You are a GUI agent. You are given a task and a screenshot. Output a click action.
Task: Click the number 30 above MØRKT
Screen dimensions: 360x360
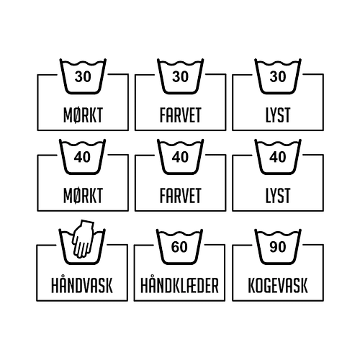[x=83, y=76]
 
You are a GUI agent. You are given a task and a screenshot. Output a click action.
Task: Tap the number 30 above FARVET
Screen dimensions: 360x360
[x=180, y=76]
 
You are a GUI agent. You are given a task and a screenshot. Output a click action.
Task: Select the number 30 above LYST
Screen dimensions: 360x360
[x=278, y=76]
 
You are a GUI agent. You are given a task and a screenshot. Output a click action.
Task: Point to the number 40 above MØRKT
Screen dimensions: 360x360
[x=82, y=157]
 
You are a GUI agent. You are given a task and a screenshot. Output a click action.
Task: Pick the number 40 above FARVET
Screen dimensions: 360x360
[x=180, y=157]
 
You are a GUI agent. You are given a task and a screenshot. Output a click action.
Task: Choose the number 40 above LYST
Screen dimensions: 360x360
[x=278, y=157]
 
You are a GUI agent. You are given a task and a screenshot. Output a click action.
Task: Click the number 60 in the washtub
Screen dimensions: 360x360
[x=179, y=247]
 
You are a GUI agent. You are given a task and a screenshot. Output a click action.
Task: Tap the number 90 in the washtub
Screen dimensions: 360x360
[x=278, y=247]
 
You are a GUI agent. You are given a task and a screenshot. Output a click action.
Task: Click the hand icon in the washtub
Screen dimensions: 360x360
[x=83, y=239]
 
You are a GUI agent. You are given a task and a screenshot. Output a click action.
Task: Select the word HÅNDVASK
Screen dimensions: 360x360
[x=82, y=285]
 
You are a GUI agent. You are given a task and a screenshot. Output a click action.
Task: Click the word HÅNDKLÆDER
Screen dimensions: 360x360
[x=179, y=286]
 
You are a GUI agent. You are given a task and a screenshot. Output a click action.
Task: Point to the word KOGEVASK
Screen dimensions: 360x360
[x=278, y=286]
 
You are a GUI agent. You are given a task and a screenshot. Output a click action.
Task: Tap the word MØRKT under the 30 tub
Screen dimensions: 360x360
[x=83, y=115]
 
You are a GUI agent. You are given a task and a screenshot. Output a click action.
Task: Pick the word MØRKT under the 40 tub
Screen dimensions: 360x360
[x=83, y=196]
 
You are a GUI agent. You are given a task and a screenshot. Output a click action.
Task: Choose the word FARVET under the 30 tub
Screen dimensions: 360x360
[x=181, y=115]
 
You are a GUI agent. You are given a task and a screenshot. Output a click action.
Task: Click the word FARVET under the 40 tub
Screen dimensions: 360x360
[x=181, y=196]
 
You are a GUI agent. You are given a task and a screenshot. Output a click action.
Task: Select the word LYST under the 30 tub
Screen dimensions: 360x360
[x=278, y=115]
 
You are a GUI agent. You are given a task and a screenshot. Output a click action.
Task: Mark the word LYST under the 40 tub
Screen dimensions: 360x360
[x=278, y=196]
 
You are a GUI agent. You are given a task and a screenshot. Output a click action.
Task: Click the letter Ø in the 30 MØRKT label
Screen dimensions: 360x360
[x=77, y=115]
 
